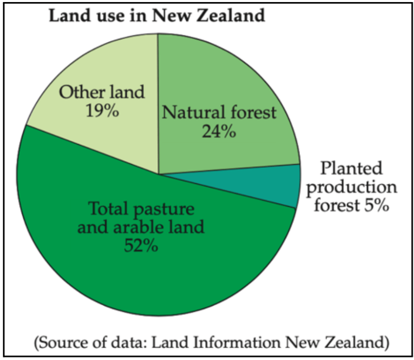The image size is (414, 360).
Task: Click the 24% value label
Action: [219, 131]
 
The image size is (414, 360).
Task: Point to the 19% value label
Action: [102, 110]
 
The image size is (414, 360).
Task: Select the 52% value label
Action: [141, 246]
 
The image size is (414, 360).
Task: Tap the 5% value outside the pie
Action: [377, 205]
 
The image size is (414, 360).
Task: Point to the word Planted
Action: [351, 168]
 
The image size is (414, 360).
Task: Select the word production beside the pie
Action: [351, 187]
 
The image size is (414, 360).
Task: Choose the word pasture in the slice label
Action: [164, 209]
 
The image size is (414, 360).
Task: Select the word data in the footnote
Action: [130, 342]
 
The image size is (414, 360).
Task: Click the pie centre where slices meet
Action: [158, 175]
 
